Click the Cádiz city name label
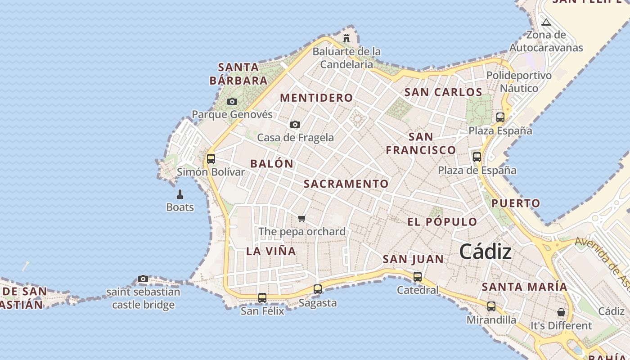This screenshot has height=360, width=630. (485, 252)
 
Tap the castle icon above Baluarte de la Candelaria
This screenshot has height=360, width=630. (346, 38)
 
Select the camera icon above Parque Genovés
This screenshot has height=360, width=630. (232, 102)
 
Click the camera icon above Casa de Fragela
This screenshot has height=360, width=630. (295, 125)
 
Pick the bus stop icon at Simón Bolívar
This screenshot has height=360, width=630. (211, 159)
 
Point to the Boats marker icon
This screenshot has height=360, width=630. (180, 194)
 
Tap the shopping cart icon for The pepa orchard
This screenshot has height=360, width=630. (302, 219)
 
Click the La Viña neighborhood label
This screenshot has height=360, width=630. (271, 251)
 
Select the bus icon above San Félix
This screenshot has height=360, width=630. (262, 297)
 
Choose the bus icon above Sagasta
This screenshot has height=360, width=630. (318, 289)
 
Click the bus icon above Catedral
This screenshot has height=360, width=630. (418, 277)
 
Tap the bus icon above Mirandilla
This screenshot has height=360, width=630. (491, 306)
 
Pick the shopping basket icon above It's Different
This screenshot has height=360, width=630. (561, 312)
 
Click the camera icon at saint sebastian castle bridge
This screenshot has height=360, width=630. (143, 279)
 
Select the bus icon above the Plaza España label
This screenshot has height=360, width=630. (500, 117)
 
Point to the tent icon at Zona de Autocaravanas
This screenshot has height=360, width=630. (546, 22)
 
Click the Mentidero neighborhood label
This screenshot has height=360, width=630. (316, 98)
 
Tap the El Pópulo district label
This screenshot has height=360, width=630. (442, 222)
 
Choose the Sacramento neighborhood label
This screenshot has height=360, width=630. (346, 184)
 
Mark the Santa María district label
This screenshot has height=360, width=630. (524, 287)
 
